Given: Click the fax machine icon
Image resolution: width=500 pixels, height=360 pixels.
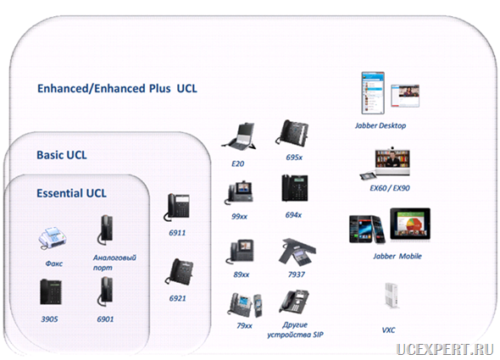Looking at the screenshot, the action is [53, 238].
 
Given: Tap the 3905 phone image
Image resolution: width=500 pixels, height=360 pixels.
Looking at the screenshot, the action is [51, 291].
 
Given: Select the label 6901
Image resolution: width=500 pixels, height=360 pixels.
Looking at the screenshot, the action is [105, 318].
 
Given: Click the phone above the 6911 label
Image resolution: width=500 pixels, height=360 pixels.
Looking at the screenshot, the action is [177, 208].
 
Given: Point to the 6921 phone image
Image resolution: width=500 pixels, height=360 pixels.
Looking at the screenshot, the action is [179, 272].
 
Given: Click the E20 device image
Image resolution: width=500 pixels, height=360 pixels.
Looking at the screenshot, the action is [239, 136].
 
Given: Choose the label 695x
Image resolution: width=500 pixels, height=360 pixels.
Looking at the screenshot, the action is [294, 158].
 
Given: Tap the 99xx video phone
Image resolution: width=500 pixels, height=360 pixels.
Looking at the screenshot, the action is [239, 192].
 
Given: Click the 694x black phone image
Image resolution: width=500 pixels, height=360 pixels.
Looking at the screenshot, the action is [295, 188].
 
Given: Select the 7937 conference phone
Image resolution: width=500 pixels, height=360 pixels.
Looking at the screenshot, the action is [297, 252].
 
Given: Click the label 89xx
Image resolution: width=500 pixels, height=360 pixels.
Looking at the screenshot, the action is [241, 274].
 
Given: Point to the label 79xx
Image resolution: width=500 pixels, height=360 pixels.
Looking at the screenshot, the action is [244, 325].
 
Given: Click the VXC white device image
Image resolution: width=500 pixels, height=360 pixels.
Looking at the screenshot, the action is [392, 296].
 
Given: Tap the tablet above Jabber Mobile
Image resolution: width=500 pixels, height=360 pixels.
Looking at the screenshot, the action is [410, 224].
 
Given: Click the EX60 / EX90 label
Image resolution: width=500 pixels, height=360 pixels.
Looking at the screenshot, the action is [390, 188].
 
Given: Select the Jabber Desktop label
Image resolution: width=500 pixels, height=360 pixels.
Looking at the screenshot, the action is [381, 125].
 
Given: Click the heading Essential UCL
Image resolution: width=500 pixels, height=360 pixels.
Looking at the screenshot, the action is [71, 193].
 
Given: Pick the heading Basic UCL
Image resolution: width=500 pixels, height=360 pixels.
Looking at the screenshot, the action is [62, 155].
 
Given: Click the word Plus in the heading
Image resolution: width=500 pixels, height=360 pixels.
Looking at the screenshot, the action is [159, 88].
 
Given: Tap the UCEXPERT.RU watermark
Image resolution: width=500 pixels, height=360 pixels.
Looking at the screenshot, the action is [445, 349].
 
